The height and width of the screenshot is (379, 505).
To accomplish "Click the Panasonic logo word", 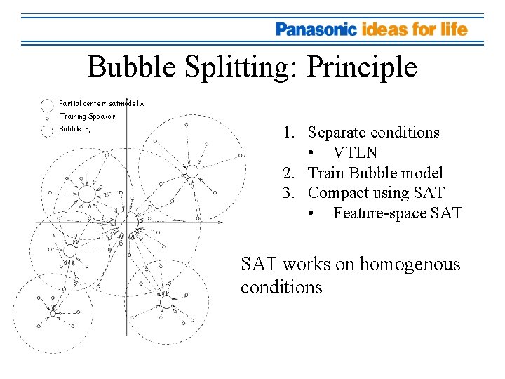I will point(316,29).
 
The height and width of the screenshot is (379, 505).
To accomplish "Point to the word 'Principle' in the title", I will point(362,67).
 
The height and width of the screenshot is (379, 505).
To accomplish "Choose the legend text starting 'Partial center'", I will point(102,104).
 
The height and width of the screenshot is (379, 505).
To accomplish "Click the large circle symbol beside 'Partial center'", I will point(47,105).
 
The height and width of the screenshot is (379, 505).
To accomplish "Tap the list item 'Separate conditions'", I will point(374,133).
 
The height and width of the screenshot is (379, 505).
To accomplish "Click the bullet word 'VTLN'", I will point(356,153).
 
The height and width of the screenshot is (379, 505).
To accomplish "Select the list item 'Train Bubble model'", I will point(376,173).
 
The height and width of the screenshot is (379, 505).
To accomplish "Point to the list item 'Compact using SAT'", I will point(377,193).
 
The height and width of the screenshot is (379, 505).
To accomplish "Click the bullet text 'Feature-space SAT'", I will point(398,213).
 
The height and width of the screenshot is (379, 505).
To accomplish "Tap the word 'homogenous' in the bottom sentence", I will point(410,265).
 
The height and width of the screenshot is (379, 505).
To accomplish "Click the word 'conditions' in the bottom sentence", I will point(281,287).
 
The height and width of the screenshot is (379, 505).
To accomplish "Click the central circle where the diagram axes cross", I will point(127,223).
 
